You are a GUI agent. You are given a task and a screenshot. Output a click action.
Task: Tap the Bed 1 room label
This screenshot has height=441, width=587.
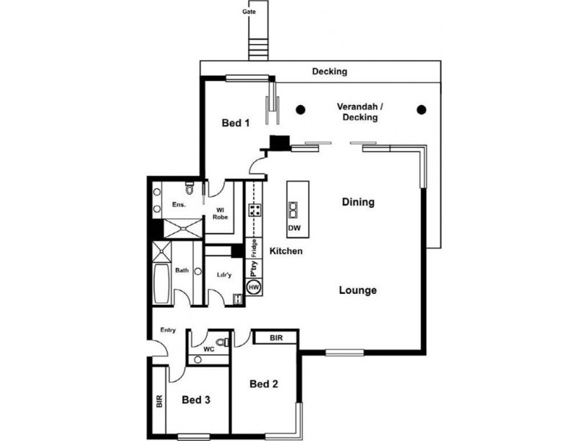[236, 123]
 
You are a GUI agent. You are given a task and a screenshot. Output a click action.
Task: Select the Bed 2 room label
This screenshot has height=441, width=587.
[263, 384]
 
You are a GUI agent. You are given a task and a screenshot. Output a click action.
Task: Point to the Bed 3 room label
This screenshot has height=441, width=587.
[197, 400]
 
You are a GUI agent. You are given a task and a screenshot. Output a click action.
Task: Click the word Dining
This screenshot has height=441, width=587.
[359, 202]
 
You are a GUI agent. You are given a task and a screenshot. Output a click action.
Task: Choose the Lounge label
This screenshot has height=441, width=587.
[358, 290]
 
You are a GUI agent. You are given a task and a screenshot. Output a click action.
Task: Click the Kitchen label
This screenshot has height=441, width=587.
[286, 251]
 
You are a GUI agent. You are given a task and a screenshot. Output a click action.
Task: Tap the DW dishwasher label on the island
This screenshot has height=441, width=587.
[294, 228]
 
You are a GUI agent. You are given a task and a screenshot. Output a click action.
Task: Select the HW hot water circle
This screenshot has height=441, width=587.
[254, 287]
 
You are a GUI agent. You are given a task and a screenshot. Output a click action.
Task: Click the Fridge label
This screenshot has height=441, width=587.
[254, 248]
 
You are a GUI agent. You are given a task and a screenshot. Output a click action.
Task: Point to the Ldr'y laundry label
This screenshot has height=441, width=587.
[225, 276]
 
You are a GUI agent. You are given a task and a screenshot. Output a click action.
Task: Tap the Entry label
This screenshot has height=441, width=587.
[168, 331]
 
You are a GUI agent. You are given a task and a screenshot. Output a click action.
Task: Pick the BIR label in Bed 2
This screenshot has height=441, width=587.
[277, 338]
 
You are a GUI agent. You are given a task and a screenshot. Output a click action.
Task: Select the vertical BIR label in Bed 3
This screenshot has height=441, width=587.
[158, 401]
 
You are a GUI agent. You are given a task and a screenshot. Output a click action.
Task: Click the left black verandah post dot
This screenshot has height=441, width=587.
[300, 110]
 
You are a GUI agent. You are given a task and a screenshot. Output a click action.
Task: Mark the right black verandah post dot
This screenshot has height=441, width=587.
[421, 110]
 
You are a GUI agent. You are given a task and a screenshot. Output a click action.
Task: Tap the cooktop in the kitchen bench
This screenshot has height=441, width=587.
[255, 209]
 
